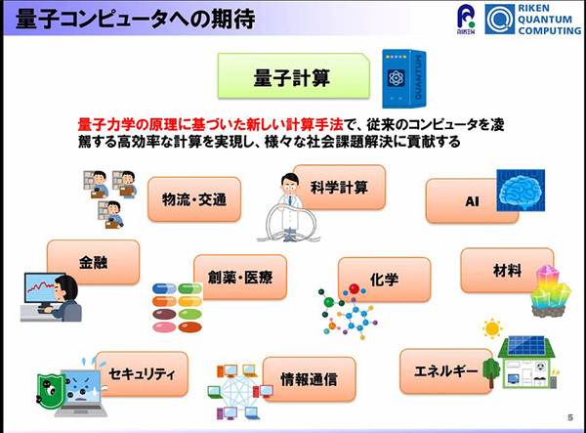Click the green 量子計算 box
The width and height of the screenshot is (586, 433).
tap(292, 75)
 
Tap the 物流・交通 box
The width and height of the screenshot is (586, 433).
tap(194, 200)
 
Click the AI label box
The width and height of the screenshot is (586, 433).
tap(458, 200)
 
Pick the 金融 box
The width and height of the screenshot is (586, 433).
tap(94, 262)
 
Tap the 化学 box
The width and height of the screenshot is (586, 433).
tap(384, 280)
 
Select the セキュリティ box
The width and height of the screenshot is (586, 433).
tap(142, 373)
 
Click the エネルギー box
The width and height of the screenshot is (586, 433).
tap(445, 371)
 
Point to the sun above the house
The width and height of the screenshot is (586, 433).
tap(491, 328)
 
